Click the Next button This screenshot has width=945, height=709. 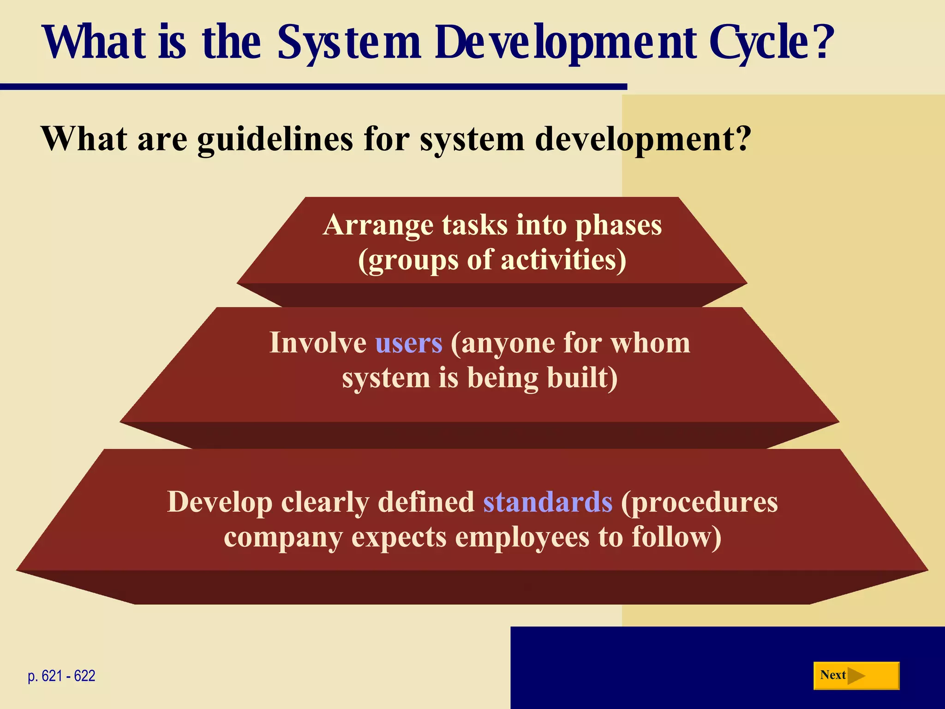(856, 675)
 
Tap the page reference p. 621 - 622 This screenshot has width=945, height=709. (61, 676)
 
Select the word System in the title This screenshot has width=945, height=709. (349, 42)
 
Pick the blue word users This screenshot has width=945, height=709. (409, 343)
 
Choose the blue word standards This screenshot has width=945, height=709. (548, 502)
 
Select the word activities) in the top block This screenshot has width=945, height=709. (563, 260)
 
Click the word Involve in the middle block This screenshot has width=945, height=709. (318, 343)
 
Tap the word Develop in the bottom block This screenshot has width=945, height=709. (220, 502)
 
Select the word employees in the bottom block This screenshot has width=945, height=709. (522, 537)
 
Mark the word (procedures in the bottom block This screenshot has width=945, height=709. (699, 502)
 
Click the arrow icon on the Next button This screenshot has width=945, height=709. (856, 676)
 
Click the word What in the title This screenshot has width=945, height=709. (95, 42)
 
